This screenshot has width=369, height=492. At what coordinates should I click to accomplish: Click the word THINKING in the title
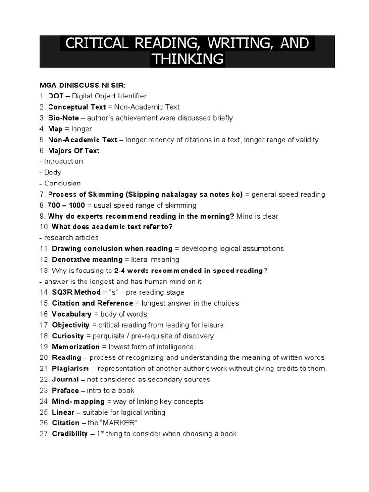pyautogui.click(x=187, y=59)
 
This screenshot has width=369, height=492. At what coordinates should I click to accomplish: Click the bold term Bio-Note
pyautogui.click(x=63, y=118)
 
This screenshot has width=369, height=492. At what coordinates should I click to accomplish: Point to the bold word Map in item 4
pyautogui.click(x=55, y=129)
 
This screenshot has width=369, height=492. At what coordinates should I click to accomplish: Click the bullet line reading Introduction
pyautogui.click(x=63, y=161)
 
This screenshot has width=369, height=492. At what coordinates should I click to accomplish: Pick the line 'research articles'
pyautogui.click(x=71, y=238)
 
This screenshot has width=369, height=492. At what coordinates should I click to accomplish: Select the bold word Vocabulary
pyautogui.click(x=72, y=314)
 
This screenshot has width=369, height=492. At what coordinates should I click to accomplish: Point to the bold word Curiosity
pyautogui.click(x=68, y=336)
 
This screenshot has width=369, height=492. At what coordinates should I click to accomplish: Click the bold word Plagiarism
pyautogui.click(x=70, y=369)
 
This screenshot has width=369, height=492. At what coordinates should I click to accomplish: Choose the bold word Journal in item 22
pyautogui.click(x=65, y=380)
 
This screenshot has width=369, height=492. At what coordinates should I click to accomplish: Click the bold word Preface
pyautogui.click(x=65, y=391)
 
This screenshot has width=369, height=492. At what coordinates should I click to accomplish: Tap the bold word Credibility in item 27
pyautogui.click(x=70, y=434)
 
